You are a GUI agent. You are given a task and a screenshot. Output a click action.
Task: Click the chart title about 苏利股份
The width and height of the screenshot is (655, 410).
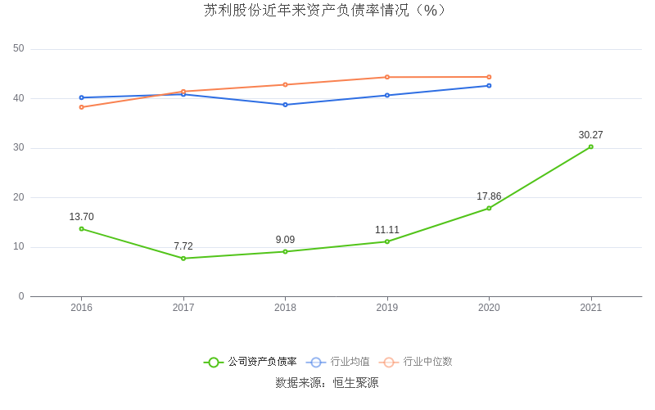coord(327,11)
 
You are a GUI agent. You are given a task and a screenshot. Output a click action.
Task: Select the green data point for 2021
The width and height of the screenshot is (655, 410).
coord(590,147)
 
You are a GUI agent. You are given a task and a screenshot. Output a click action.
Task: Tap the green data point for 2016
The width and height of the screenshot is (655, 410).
coord(82,228)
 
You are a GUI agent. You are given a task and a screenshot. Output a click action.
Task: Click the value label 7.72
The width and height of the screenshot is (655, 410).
coord(183,246)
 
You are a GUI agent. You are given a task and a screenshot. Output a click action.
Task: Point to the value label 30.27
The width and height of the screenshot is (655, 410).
coord(590,135)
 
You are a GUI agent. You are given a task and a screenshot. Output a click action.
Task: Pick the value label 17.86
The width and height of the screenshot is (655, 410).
coord(489,196)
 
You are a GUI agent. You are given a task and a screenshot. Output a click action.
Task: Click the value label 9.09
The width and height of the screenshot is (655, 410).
coord(285,240)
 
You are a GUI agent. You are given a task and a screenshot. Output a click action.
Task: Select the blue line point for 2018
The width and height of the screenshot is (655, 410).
coord(285,105)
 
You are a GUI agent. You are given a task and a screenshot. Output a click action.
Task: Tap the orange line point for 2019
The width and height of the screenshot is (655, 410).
coord(387,77)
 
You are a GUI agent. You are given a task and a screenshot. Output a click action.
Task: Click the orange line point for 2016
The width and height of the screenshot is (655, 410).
coord(82,107)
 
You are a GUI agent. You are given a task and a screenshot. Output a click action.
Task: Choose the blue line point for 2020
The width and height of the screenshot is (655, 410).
coord(489,85)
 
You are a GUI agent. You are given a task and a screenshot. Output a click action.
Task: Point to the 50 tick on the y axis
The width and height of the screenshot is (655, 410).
coord(19,49)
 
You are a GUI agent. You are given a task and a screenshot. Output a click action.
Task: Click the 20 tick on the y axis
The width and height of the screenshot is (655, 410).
coord(19,197)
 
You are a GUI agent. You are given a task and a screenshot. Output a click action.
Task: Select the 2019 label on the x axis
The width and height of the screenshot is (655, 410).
coord(387,308)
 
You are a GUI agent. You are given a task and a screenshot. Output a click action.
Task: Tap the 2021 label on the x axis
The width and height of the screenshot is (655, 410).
coord(590,308)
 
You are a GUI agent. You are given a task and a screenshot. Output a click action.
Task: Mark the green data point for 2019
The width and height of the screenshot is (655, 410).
coord(387,241)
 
